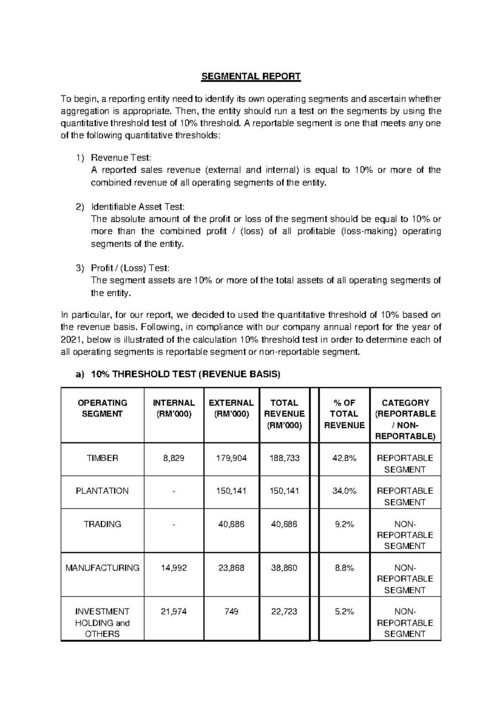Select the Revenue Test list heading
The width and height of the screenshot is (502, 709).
(121, 158)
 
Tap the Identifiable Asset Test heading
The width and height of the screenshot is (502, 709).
(137, 207)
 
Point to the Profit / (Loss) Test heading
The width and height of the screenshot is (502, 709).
(130, 268)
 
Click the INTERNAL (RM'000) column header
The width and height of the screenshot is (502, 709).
(174, 408)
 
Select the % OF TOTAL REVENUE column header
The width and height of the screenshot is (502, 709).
(344, 414)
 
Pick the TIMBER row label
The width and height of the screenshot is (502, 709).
(102, 458)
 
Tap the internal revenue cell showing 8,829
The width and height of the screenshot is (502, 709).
(174, 458)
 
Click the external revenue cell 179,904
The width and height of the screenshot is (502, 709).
(231, 458)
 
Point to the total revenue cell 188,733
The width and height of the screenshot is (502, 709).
(284, 458)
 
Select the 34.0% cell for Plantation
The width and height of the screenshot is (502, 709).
(344, 491)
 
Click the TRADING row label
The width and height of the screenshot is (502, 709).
(102, 524)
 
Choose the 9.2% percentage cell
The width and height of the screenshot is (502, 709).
(344, 524)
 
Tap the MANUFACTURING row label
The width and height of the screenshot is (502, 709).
(102, 568)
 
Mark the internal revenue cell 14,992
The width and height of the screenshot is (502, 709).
(174, 568)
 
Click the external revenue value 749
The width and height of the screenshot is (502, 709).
(231, 612)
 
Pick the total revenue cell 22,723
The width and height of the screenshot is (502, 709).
(284, 612)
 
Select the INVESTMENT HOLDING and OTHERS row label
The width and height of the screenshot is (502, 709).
(102, 622)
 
